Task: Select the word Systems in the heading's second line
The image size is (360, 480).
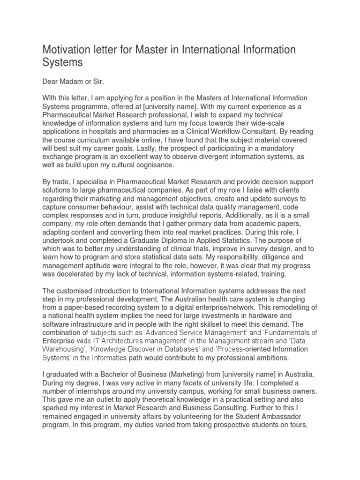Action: click(x=62, y=62)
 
